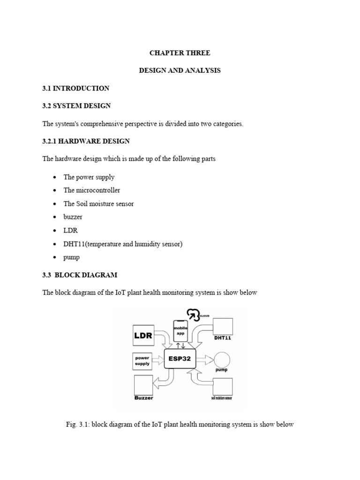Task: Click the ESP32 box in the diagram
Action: pos(180,360)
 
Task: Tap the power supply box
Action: pos(142,360)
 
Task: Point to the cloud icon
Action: pos(192,314)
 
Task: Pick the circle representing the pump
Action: pos(221,360)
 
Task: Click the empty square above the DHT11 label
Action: pos(223,327)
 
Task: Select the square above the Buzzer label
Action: pos(143,385)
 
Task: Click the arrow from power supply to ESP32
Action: pos(158,360)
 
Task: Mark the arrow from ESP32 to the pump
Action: pos(204,360)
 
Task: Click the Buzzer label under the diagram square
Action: pos(143,398)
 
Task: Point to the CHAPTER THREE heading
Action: pos(180,53)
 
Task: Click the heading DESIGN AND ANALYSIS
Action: pos(180,70)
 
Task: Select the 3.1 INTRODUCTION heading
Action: pos(76,88)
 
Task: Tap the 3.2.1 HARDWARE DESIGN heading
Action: pos(86,141)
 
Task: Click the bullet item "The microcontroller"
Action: pos(92,190)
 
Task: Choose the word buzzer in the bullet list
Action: pos(73,217)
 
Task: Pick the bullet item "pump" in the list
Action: pos(72,257)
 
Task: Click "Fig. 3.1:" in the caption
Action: pos(78,425)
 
